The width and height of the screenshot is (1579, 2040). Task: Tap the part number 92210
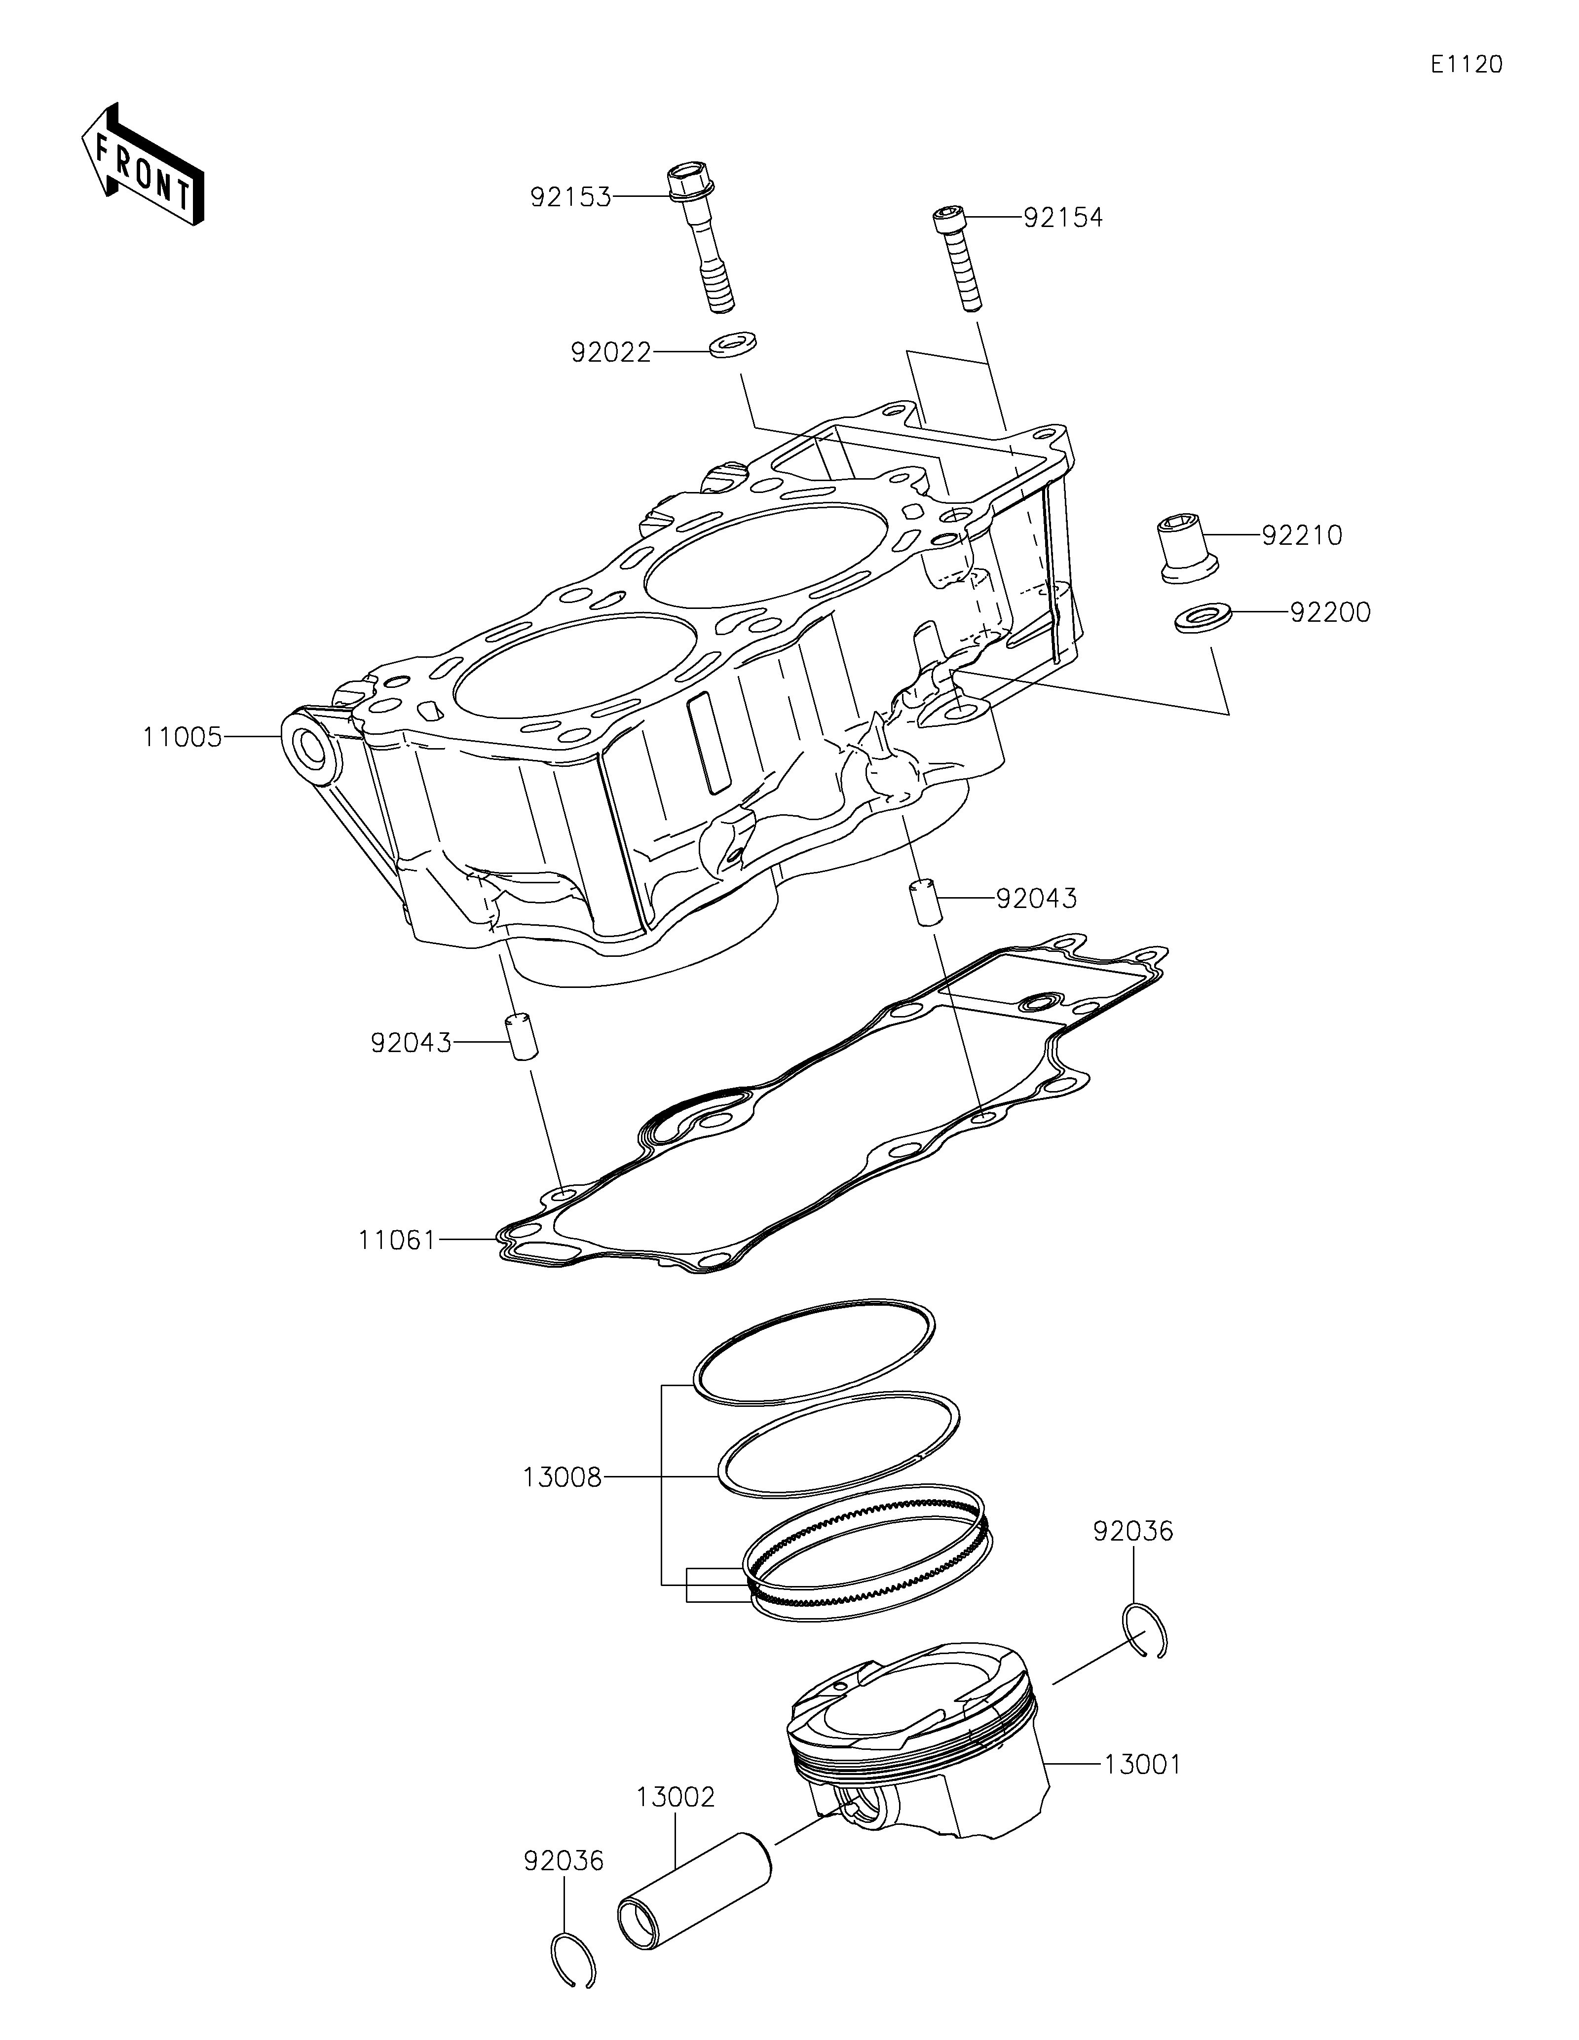(1302, 535)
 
